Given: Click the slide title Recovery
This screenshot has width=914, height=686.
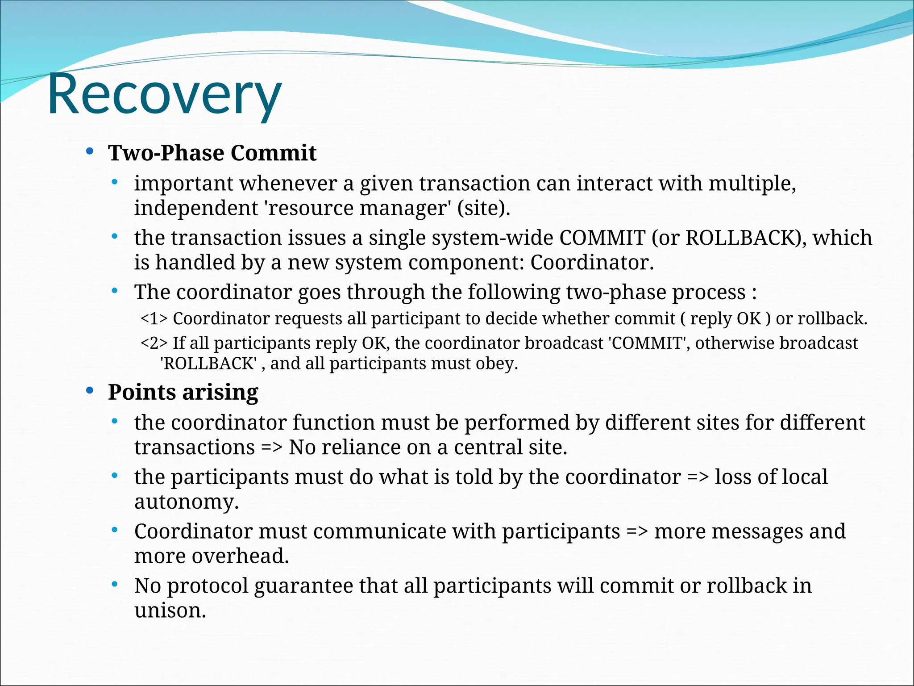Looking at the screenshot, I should click(164, 95).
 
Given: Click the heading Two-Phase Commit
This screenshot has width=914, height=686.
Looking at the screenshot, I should click(212, 153).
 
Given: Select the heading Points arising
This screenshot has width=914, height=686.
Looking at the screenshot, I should click(183, 393).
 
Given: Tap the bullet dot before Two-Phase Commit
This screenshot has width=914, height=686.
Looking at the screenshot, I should click(90, 152).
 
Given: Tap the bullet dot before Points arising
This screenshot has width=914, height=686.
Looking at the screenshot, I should click(90, 391).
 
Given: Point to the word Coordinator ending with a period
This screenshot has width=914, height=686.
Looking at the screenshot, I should click(591, 263).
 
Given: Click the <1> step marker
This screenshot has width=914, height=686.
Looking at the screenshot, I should click(154, 319).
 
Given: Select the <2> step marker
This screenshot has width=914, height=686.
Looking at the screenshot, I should click(154, 343).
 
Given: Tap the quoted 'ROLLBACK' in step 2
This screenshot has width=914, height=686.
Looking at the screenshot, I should click(208, 364).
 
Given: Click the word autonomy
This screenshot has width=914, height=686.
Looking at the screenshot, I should click(186, 502).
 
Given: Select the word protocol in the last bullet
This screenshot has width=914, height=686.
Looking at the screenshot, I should click(207, 586).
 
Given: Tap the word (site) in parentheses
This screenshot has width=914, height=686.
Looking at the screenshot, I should click(483, 209).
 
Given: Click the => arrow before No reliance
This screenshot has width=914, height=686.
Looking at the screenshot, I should click(271, 448).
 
